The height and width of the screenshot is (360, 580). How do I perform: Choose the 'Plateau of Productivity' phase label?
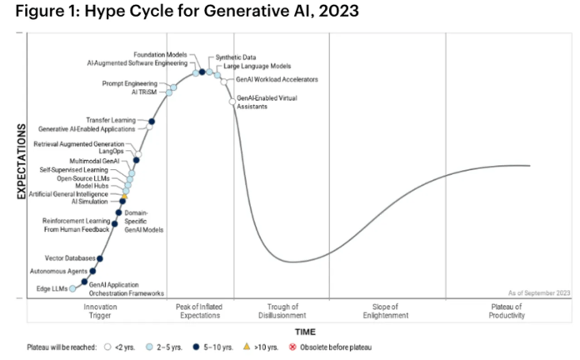click(507, 312)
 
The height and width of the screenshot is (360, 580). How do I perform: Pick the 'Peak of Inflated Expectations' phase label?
click(200, 312)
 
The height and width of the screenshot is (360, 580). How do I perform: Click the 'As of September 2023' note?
click(539, 293)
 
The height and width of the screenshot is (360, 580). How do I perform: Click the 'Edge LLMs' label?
click(52, 288)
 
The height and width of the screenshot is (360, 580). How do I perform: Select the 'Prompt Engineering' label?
click(128, 83)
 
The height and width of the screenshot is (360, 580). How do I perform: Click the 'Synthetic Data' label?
click(236, 57)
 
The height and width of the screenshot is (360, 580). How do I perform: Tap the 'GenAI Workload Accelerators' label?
click(271, 80)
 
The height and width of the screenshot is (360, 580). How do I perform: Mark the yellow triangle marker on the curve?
click(124, 196)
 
